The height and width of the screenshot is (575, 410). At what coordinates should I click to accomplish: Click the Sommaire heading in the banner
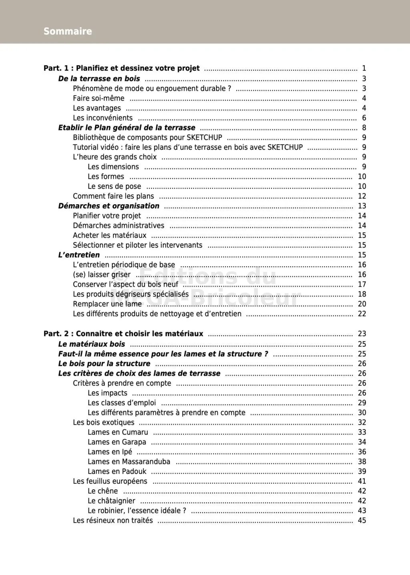click(68, 31)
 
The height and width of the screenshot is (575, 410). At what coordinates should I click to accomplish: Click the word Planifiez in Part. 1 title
click(92, 68)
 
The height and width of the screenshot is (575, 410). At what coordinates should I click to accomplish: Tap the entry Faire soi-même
click(98, 99)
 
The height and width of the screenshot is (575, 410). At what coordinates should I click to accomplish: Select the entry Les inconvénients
click(102, 118)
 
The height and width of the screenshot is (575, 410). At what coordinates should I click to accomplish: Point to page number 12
click(362, 196)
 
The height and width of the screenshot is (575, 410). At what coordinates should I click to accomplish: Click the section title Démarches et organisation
click(109, 206)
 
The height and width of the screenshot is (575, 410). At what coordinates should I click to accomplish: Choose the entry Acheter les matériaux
click(110, 235)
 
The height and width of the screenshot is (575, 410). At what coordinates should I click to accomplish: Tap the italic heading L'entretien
click(79, 255)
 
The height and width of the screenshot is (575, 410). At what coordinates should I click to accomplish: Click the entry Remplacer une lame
click(107, 304)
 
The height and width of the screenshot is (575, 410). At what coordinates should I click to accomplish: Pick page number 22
click(362, 314)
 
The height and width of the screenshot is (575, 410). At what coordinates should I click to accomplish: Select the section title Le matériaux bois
click(92, 344)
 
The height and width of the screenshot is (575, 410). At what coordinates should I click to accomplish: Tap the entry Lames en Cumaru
click(118, 432)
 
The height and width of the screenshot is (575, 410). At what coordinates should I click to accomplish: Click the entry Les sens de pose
click(115, 187)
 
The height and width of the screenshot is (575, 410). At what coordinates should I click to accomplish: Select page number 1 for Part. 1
click(364, 68)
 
